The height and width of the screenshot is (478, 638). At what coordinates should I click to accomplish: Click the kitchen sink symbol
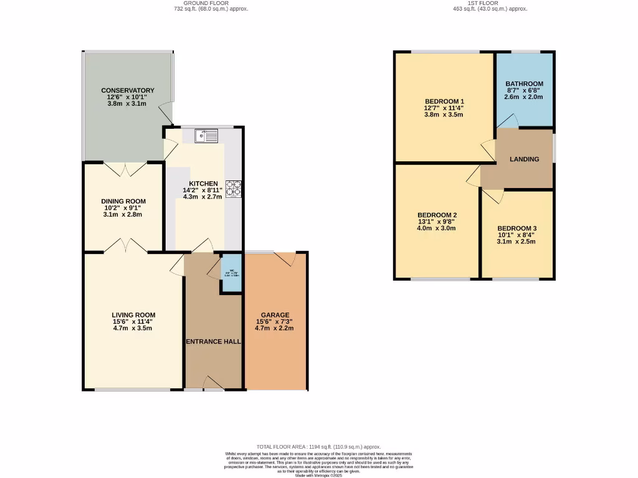click(x=205, y=135)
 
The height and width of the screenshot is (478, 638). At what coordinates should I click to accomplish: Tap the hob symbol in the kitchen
click(x=234, y=188)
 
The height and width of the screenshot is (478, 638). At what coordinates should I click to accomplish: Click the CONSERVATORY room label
click(x=127, y=90)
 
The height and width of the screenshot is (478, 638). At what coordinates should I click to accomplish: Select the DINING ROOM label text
click(x=123, y=201)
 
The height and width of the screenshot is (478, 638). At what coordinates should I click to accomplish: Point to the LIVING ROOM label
click(x=133, y=315)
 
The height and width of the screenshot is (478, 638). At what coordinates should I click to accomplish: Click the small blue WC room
click(x=231, y=274)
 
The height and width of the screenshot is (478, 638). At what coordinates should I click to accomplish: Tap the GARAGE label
click(x=275, y=315)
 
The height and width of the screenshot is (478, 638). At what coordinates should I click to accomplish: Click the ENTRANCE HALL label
click(x=213, y=342)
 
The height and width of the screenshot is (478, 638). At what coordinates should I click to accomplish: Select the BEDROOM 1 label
click(x=444, y=101)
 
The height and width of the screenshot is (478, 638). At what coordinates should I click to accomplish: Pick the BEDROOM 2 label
click(x=437, y=215)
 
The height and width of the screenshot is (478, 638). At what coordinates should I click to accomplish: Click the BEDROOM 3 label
click(x=517, y=228)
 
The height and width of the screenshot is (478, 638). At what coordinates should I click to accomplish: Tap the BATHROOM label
click(x=524, y=84)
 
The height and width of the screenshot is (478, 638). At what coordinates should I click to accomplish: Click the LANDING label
click(x=524, y=159)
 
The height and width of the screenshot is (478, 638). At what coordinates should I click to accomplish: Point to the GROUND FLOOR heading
click(x=197, y=3)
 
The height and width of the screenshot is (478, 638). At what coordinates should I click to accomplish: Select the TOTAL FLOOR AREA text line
click(x=318, y=447)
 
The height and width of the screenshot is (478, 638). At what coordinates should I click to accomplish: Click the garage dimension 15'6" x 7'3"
click(x=275, y=322)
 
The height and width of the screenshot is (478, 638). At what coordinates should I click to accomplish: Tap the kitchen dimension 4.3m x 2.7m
click(x=203, y=197)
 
